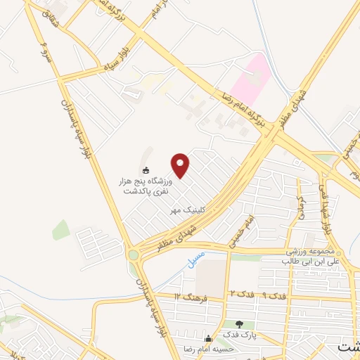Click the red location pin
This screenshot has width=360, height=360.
[x=181, y=165]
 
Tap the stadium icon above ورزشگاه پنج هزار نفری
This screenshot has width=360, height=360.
[x=146, y=169]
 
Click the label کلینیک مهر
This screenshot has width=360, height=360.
[x=186, y=210]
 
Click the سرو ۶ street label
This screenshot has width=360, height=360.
[x=45, y=51]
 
